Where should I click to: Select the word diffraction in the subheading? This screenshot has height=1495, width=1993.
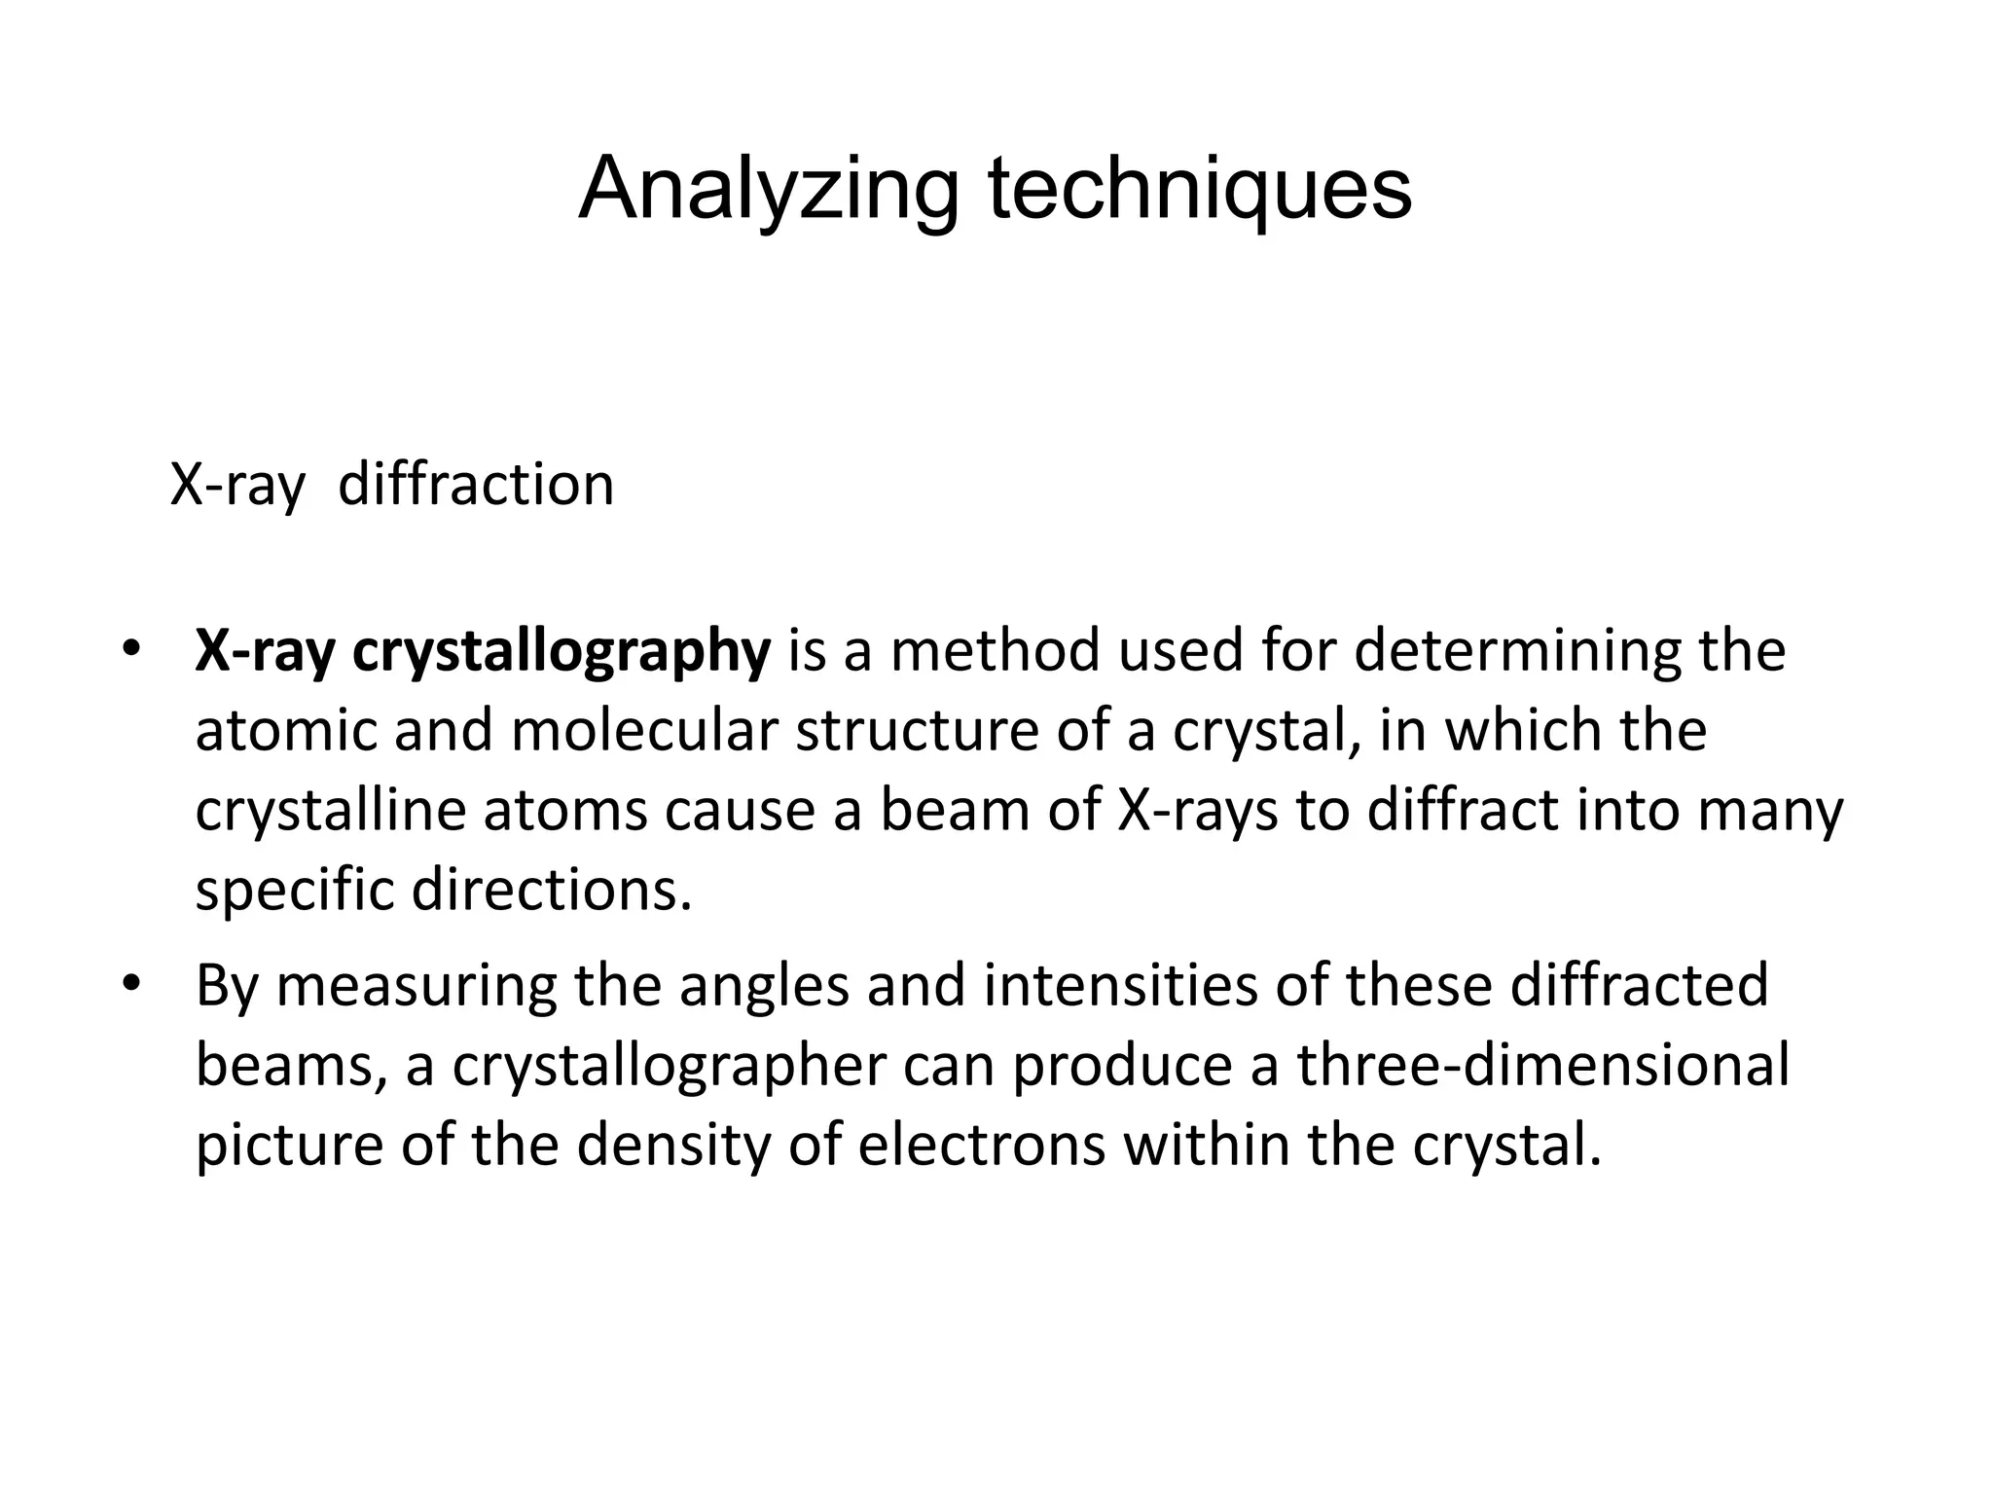pyautogui.click(x=476, y=484)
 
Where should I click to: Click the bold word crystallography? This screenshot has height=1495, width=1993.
pyautogui.click(x=561, y=652)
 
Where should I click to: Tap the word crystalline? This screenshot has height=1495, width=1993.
pyautogui.click(x=331, y=810)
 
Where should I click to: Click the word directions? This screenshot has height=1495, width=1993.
pyautogui.click(x=552, y=890)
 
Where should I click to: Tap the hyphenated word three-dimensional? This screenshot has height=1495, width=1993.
pyautogui.click(x=1542, y=1065)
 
